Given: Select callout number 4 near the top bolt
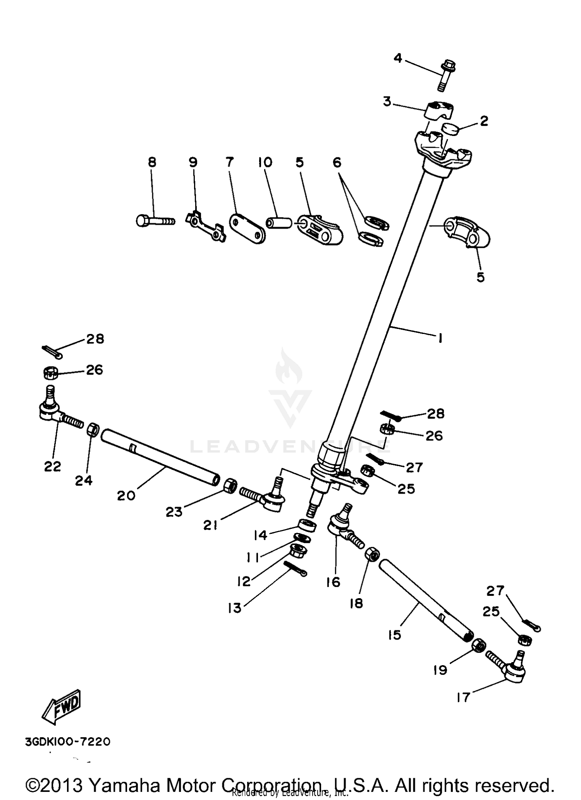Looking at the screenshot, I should pyautogui.click(x=398, y=58).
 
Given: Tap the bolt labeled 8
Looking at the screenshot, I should pyautogui.click(x=155, y=221).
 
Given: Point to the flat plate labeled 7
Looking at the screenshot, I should pyautogui.click(x=247, y=229).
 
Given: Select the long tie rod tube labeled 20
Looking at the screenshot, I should pyautogui.click(x=159, y=458).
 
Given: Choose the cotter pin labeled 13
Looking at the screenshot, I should pyautogui.click(x=297, y=569).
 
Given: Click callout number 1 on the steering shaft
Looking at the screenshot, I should pyautogui.click(x=440, y=338).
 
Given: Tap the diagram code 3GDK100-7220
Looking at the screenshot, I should pyautogui.click(x=68, y=742).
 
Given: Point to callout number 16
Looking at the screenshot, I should pyautogui.click(x=333, y=582).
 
